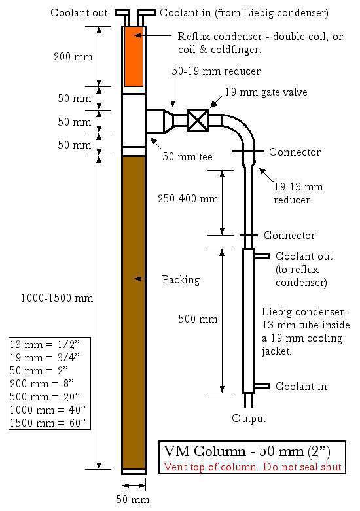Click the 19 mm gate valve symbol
coord(198,120)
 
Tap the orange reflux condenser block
coord(134,56)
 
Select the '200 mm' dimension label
coord(73,57)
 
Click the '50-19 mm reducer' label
coord(216,71)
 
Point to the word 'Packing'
coord(181,280)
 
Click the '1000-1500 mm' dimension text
coord(57,298)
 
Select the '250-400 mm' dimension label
coord(188,198)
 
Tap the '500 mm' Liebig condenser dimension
coord(198,319)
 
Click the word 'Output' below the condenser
coord(249,419)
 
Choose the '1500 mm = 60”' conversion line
coord(48,423)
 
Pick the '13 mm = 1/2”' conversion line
coord(45,344)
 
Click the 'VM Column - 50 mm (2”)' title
coord(247,451)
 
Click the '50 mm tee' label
coord(187,157)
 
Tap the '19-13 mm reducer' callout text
coord(298,193)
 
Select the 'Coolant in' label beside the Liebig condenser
coord(301,386)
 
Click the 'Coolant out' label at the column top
coord(79,12)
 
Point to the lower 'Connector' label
coord(289,236)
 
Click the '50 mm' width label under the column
coord(133,499)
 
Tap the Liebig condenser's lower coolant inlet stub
coord(262,386)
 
